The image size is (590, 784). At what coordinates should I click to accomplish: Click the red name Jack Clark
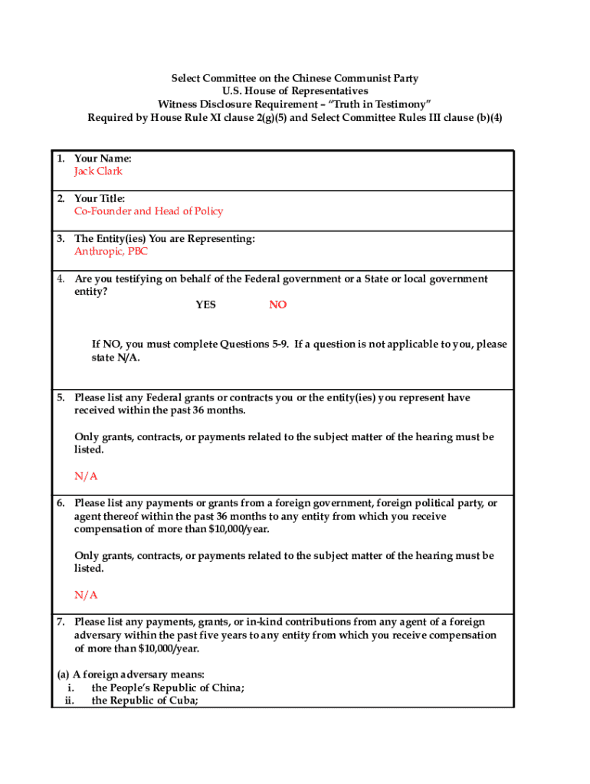[x=98, y=171]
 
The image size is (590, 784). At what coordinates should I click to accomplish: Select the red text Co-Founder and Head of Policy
[x=149, y=211]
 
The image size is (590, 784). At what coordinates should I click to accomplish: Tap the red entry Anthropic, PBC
[x=111, y=251]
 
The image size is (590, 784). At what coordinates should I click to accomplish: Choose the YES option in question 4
[x=205, y=305]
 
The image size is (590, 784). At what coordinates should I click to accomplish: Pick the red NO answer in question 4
[x=278, y=305]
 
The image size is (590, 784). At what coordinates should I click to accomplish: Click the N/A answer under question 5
[x=86, y=476]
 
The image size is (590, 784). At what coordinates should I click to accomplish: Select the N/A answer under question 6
[x=86, y=595]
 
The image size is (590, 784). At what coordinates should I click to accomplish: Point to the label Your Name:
[x=103, y=158]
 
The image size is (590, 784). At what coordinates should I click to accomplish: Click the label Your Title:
[x=100, y=198]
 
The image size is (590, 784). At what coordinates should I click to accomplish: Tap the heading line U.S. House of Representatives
[x=295, y=91]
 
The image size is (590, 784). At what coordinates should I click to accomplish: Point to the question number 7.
[x=60, y=622]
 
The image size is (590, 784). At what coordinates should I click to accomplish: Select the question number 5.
[x=60, y=397]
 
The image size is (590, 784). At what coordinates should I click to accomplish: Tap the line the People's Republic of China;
[x=169, y=688]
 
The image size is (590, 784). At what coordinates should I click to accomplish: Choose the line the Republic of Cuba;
[x=145, y=700]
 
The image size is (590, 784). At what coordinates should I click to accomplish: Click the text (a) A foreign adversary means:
[x=131, y=675]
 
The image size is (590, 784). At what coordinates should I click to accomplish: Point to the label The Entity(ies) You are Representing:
[x=164, y=238]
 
